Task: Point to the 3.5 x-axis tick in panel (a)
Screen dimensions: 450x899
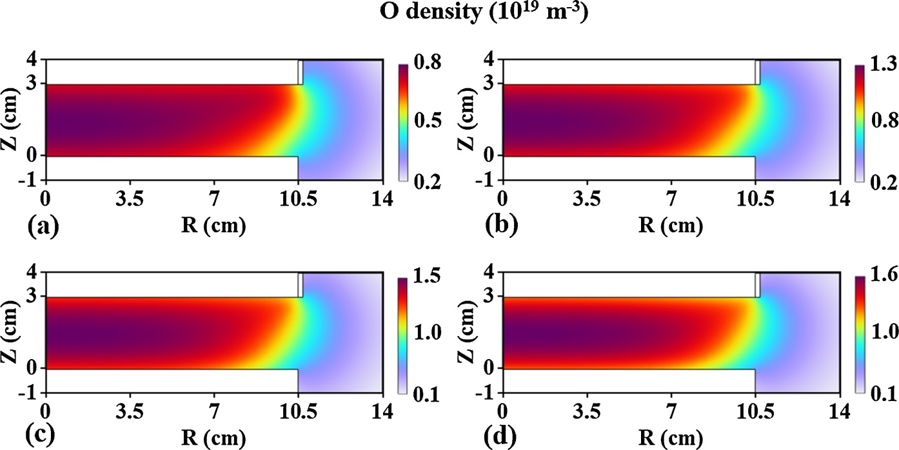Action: pyautogui.click(x=130, y=201)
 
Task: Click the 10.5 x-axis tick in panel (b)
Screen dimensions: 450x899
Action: pyautogui.click(x=755, y=201)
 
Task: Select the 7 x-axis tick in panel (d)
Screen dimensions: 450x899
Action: pyautogui.click(x=671, y=413)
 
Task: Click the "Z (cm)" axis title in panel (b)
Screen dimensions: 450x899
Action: pyautogui.click(x=470, y=120)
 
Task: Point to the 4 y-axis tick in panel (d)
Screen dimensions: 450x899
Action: pyautogui.click(x=491, y=273)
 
